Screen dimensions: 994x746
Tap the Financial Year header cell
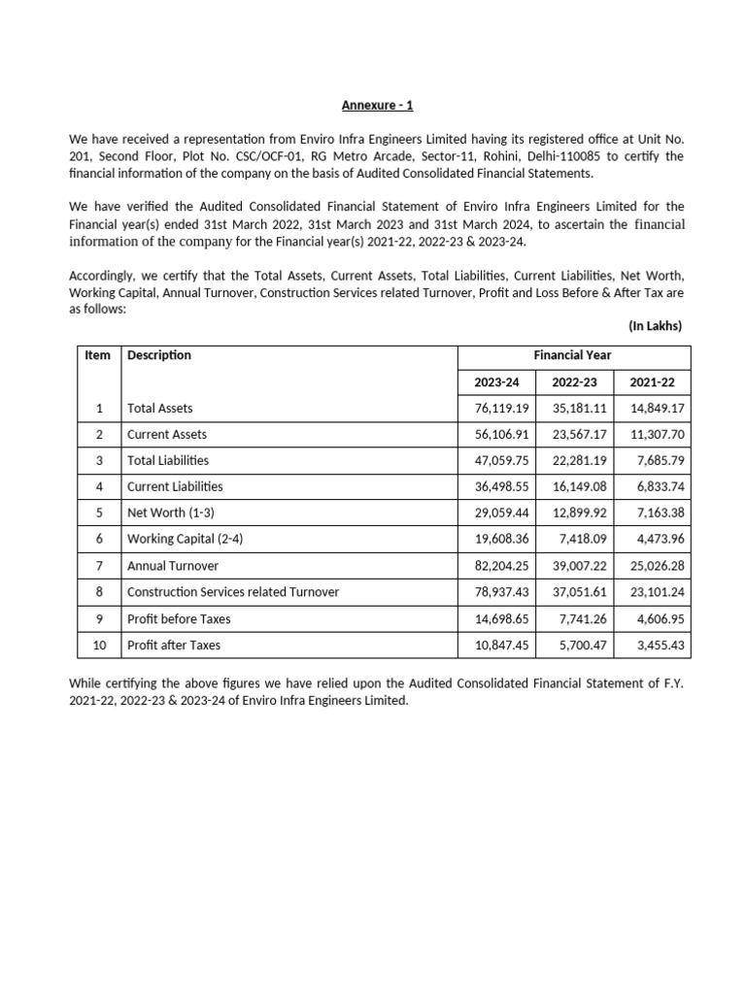point(573,355)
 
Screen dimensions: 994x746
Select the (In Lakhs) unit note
point(656,325)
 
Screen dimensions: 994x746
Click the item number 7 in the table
point(98,565)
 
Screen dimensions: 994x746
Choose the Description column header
point(159,355)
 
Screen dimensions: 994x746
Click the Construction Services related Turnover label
point(233,591)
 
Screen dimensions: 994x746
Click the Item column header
point(98,355)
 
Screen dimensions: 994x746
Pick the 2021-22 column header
point(653,382)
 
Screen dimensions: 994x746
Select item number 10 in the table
point(98,645)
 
